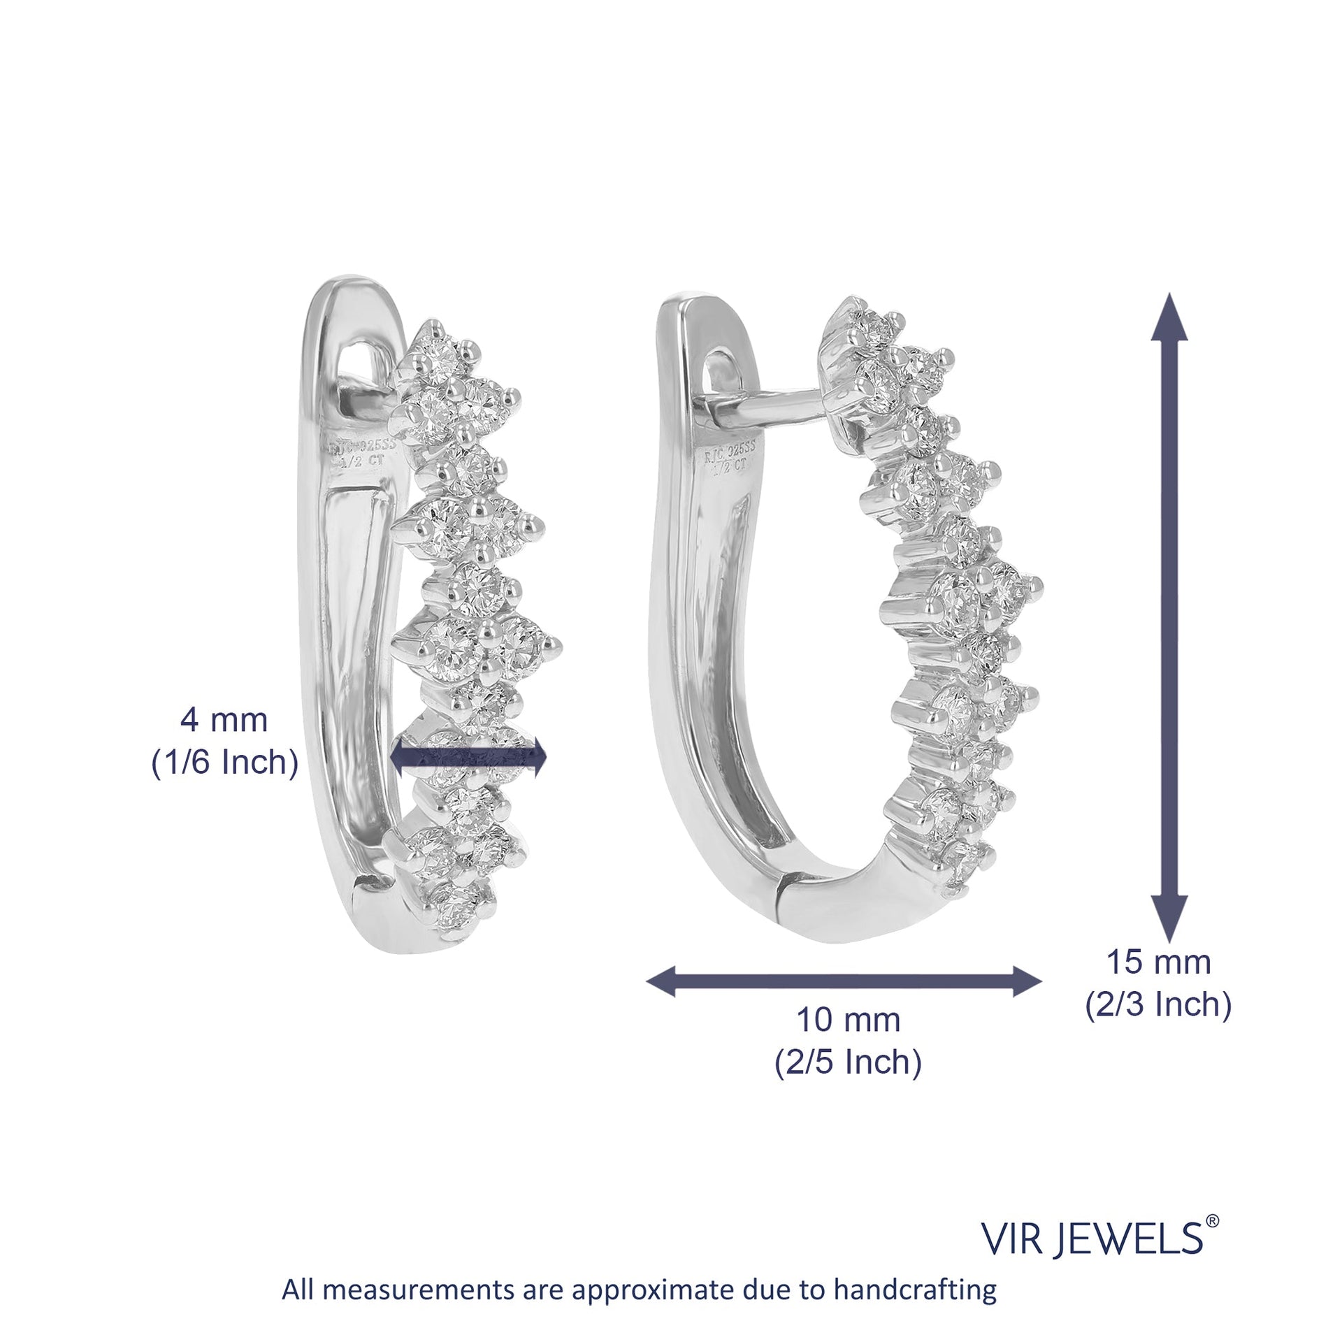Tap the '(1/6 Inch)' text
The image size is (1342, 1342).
pyautogui.click(x=225, y=763)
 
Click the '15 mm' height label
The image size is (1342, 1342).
pyautogui.click(x=1157, y=962)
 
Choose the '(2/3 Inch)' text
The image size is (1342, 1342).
pyautogui.click(x=1158, y=1005)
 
